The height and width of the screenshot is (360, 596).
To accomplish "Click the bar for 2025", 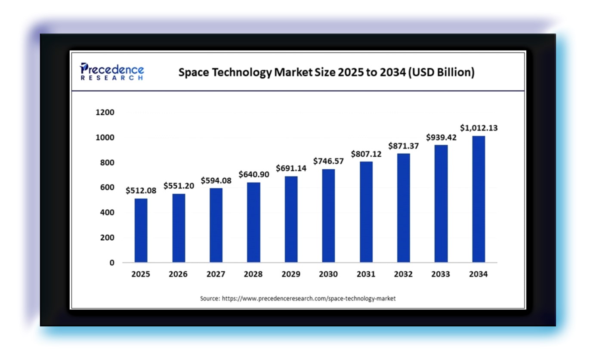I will (x=141, y=230).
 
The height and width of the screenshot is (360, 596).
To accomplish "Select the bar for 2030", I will (x=328, y=216).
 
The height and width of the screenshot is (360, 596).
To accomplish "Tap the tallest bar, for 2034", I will (x=478, y=199).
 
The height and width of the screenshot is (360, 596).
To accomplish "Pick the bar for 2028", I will (x=253, y=222).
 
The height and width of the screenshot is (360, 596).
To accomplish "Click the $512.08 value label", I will (x=141, y=190).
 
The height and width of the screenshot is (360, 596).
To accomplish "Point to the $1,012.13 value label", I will (x=479, y=128).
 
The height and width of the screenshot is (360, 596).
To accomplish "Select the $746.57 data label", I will (x=328, y=161).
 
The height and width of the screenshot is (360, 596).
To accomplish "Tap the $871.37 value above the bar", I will (x=403, y=146).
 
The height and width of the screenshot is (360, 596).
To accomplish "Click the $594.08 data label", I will (x=216, y=180).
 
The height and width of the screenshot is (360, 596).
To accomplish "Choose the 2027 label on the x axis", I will (x=216, y=274).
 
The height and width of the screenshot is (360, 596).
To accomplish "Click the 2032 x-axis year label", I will (x=403, y=274).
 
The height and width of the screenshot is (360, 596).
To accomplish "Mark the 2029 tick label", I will (x=291, y=274).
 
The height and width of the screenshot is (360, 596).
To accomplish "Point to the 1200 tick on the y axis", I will (x=105, y=112).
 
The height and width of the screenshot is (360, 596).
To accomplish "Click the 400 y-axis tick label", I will (x=107, y=212).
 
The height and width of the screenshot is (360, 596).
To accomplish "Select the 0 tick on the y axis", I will (x=112, y=263).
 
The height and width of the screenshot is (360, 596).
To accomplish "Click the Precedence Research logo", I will (x=112, y=71).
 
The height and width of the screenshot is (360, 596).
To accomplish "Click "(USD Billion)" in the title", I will (x=441, y=72).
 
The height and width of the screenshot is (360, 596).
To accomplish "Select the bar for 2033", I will (x=441, y=204).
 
